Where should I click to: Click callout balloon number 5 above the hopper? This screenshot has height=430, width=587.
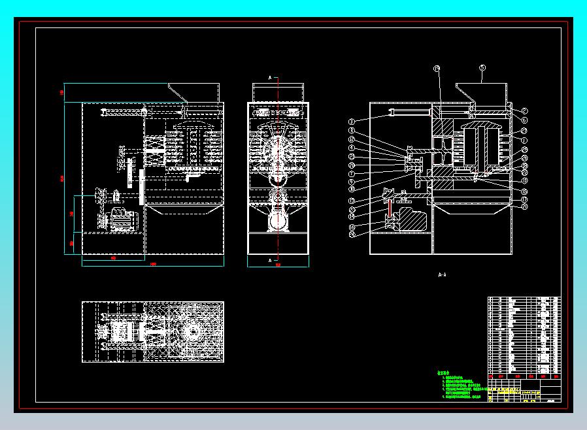coord(482,67)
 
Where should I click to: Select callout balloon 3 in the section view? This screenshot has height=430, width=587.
coord(351,121)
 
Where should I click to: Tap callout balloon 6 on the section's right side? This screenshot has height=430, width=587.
coord(524,120)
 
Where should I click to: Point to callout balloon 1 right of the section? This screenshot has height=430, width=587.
coord(524,140)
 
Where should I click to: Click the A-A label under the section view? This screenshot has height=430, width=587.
coord(441,275)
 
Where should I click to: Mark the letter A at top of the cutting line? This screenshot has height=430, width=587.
coord(271,77)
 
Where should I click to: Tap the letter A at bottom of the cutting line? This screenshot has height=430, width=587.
coord(271,259)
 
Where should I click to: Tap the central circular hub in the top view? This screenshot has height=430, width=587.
coord(193,332)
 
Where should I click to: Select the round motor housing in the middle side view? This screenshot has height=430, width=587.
coord(278,220)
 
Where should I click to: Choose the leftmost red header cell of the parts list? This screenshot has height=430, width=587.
coord(492,376)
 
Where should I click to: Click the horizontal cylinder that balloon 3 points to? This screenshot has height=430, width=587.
coord(408,114)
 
